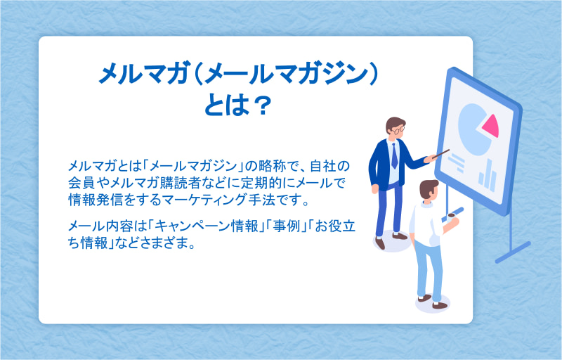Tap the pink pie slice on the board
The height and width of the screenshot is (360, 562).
point(491,126)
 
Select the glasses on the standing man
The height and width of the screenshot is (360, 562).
point(398,129)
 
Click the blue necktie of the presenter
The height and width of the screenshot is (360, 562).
point(394,155)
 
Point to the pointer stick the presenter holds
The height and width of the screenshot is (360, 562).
point(440,154)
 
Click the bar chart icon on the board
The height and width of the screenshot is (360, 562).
point(488,176)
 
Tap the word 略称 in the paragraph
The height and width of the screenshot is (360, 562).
point(272,166)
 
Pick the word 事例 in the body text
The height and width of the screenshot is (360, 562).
point(286,226)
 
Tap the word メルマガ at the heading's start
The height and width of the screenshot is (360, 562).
point(144,74)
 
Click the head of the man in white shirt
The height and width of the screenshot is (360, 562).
point(429,189)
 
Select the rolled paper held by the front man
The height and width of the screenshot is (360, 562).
point(453,214)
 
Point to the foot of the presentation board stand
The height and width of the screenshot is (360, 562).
point(513,252)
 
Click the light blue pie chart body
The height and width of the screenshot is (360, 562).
point(472,130)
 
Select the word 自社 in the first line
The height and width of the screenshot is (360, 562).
point(323,166)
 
